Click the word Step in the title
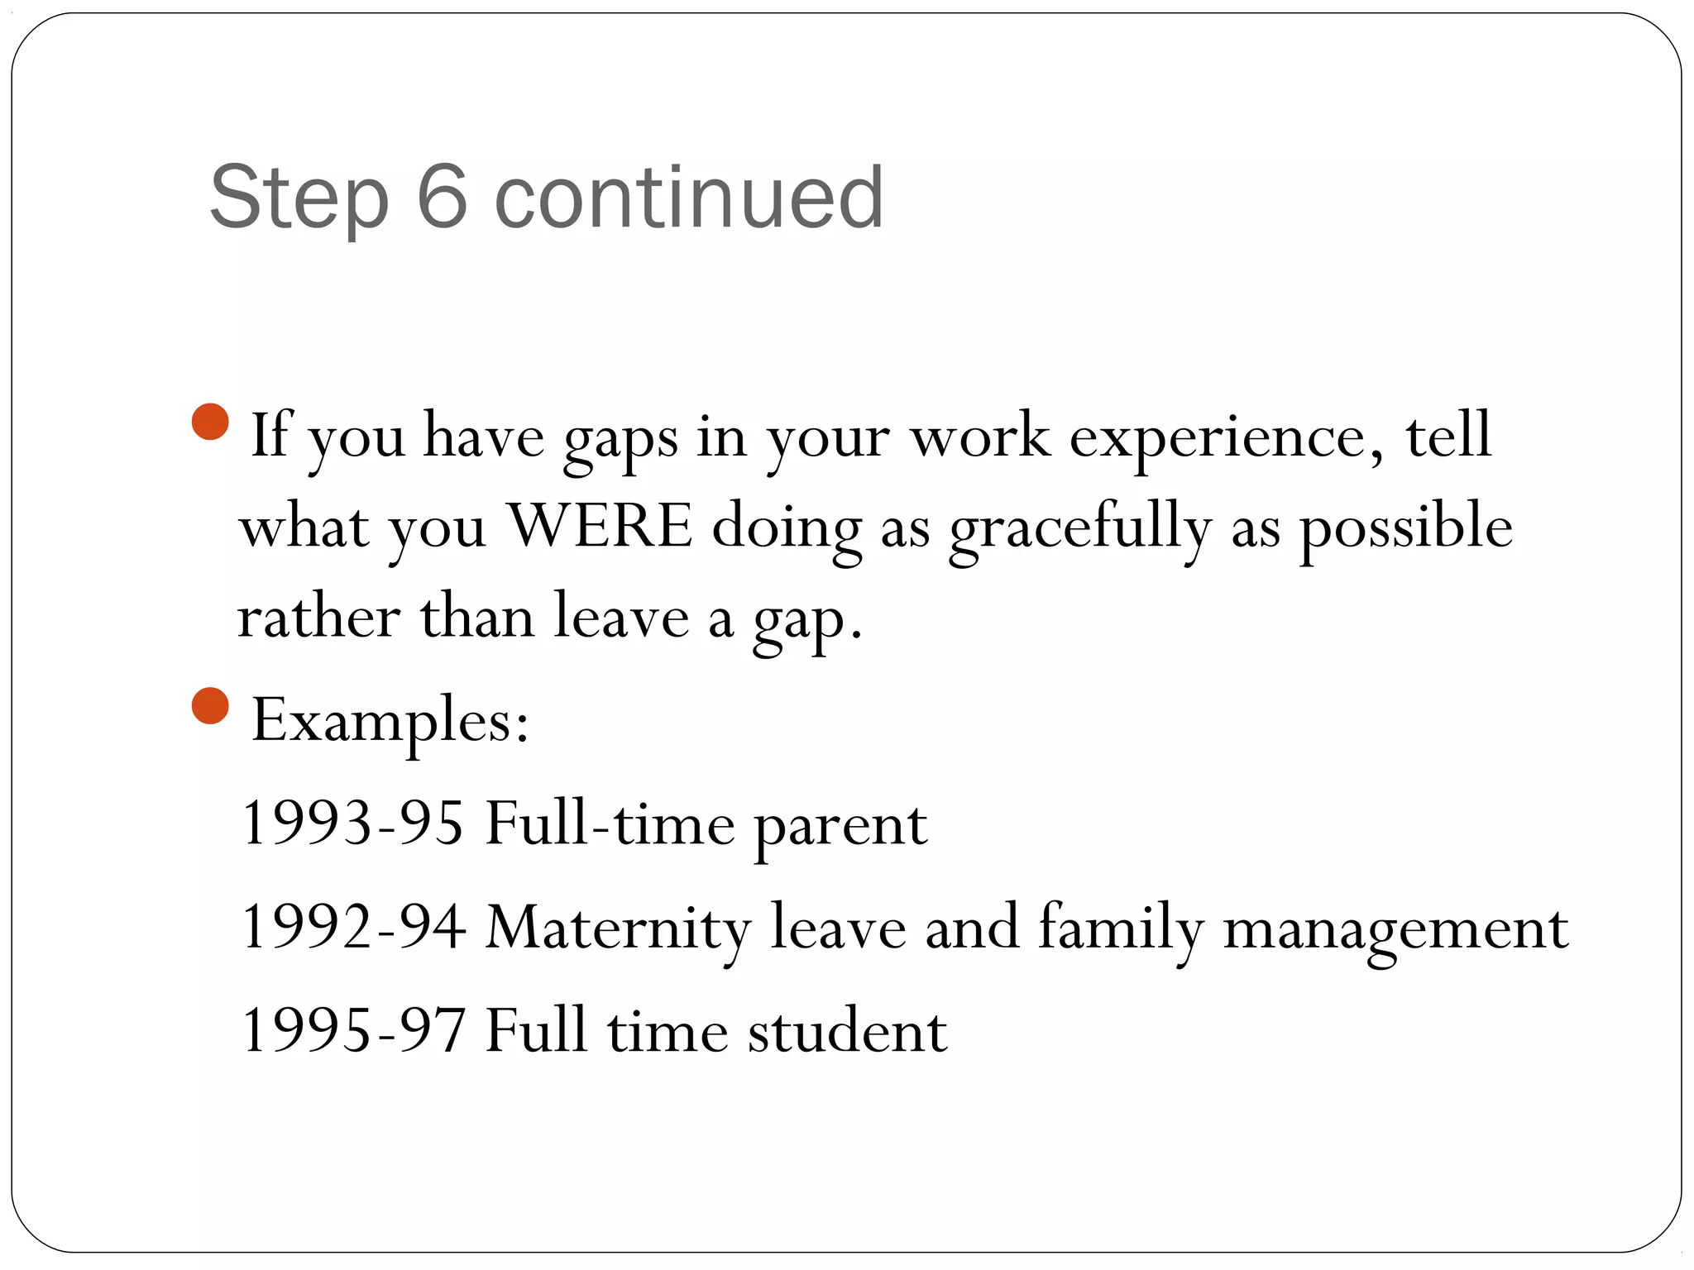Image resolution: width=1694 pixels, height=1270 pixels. click(299, 198)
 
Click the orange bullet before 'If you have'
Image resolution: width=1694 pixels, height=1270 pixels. click(210, 422)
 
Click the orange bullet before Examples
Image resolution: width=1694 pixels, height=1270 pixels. click(210, 705)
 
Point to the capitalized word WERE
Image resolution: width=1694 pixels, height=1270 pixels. click(600, 527)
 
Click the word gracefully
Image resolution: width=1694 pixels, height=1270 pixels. click(1079, 529)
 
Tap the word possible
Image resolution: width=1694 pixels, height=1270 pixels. click(1405, 529)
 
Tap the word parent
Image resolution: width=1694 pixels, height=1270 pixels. click(840, 827)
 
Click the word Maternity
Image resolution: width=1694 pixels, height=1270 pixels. click(617, 929)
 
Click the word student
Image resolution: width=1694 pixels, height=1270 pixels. click(847, 1031)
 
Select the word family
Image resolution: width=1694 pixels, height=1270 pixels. click(1120, 929)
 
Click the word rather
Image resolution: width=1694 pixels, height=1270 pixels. click(318, 618)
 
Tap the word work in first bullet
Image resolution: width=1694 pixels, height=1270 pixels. click(979, 437)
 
